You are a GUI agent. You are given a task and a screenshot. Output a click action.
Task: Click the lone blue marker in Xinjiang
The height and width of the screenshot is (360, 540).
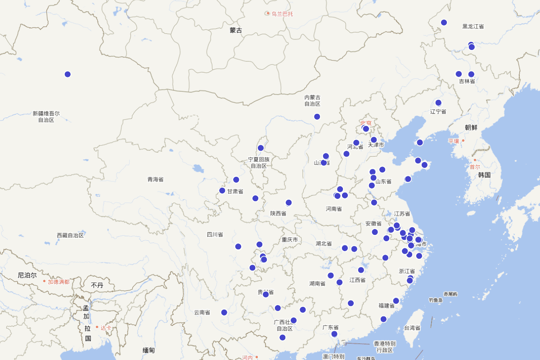coord(67,74)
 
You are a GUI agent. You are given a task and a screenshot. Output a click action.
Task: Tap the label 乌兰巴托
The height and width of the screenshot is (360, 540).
coord(282,13)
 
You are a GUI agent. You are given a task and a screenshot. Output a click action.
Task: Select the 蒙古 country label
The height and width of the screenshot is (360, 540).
coord(236,31)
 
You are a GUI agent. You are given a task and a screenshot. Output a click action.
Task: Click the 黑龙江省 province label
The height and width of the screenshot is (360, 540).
coord(473,27)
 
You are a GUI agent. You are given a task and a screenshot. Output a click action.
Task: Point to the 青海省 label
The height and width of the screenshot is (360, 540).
coord(156,180)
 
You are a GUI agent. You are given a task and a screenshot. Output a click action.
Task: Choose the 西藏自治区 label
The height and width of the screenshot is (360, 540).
coord(70,235)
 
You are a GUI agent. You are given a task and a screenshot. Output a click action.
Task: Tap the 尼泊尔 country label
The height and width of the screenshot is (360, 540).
coord(27,275)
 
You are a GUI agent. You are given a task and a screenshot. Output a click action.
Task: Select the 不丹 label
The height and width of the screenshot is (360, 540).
coord(97,285)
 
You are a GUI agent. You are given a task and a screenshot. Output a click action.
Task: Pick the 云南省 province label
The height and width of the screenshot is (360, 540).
coord(202,312)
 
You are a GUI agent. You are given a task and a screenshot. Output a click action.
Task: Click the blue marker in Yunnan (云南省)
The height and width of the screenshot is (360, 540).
coord(224,312)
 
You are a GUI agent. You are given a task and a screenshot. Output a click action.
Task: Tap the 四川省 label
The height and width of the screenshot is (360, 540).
coord(215,234)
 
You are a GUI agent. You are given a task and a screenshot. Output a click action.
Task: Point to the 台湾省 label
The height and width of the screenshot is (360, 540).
coord(412,328)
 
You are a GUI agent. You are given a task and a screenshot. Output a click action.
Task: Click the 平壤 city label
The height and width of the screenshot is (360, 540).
coord(454,141)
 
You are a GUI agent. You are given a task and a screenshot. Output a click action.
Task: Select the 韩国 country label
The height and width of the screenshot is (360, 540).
coord(484,175)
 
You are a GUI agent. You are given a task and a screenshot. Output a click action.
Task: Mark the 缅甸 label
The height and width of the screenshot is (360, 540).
coord(149,350)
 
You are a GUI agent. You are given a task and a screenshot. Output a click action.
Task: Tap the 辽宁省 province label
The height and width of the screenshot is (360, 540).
coord(438,112)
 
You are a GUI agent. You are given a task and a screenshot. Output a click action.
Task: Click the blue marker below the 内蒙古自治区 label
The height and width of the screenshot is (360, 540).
coord(317,117)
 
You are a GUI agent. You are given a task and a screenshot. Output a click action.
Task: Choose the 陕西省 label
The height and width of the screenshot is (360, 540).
coord(278,213)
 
